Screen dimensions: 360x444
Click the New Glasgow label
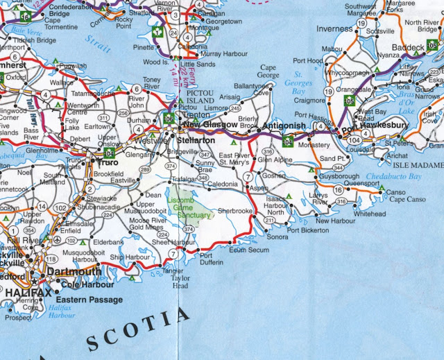211,125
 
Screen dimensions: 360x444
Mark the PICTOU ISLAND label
198,94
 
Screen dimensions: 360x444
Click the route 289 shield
144,169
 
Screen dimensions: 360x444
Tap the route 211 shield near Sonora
269,221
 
